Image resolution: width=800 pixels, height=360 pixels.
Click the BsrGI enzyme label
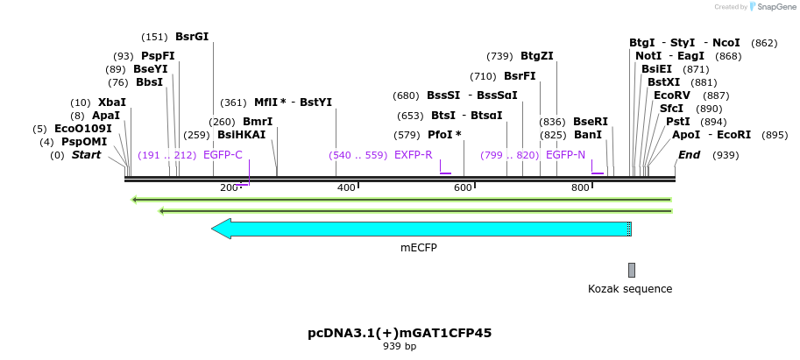192,37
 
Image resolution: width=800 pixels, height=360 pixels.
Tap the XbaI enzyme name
112,102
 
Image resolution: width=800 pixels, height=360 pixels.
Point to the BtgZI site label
537,56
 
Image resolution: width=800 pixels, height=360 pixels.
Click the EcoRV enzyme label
672,95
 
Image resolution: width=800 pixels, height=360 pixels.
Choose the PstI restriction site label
678,122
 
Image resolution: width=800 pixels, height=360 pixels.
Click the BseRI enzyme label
591,122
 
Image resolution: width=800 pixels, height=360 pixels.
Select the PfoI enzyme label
444,135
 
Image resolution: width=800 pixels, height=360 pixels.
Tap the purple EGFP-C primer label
223,155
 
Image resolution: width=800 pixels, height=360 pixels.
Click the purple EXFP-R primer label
414,155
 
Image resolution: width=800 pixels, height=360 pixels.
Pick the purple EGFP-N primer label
565,155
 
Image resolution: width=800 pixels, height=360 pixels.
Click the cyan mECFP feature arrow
421,229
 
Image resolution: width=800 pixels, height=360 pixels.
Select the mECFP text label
419,248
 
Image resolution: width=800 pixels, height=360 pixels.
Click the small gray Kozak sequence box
631,270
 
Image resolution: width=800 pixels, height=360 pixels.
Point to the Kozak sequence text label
630,289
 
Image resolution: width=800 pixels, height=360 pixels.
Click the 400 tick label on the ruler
346,187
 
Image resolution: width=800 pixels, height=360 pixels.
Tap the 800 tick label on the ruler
580,187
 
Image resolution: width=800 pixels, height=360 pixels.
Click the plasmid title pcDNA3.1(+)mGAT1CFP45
399,334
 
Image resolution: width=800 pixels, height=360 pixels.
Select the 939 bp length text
399,347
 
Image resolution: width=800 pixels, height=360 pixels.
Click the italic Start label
86,155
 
